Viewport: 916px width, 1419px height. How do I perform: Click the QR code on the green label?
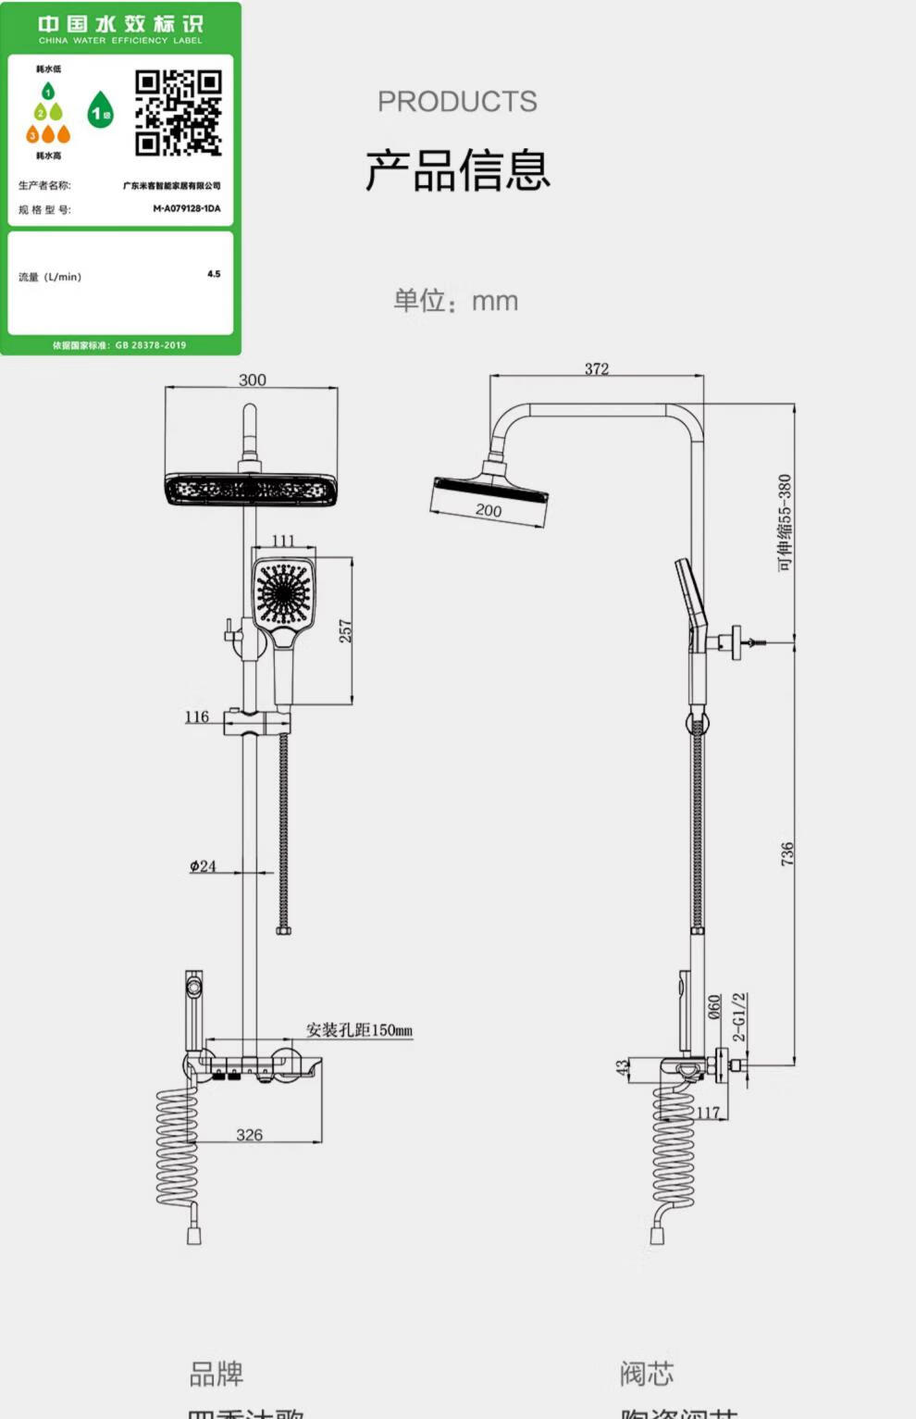179,113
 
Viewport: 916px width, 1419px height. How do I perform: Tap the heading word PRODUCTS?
457,102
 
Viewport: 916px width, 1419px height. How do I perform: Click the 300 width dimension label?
252,380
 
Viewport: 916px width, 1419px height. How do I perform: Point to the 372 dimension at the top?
597,368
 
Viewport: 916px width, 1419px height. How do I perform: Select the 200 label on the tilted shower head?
489,510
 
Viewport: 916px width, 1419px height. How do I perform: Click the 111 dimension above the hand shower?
283,541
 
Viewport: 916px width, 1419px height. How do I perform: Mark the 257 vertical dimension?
345,631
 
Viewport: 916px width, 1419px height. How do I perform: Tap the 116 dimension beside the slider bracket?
197,716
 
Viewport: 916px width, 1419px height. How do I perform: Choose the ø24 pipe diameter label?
203,866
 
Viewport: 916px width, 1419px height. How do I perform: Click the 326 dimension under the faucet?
249,1135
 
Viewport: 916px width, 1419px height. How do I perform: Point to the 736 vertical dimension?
786,853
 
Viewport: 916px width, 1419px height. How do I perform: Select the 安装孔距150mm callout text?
360,1030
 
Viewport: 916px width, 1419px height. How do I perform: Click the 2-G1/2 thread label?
739,1017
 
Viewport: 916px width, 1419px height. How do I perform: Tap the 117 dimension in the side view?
708,1113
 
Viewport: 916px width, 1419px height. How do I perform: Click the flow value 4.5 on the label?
214,274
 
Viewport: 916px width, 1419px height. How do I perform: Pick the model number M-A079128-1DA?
187,208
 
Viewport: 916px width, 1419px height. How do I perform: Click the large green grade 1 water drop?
101,111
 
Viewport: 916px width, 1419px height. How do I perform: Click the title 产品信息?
458,170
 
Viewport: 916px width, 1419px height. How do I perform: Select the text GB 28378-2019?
151,345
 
